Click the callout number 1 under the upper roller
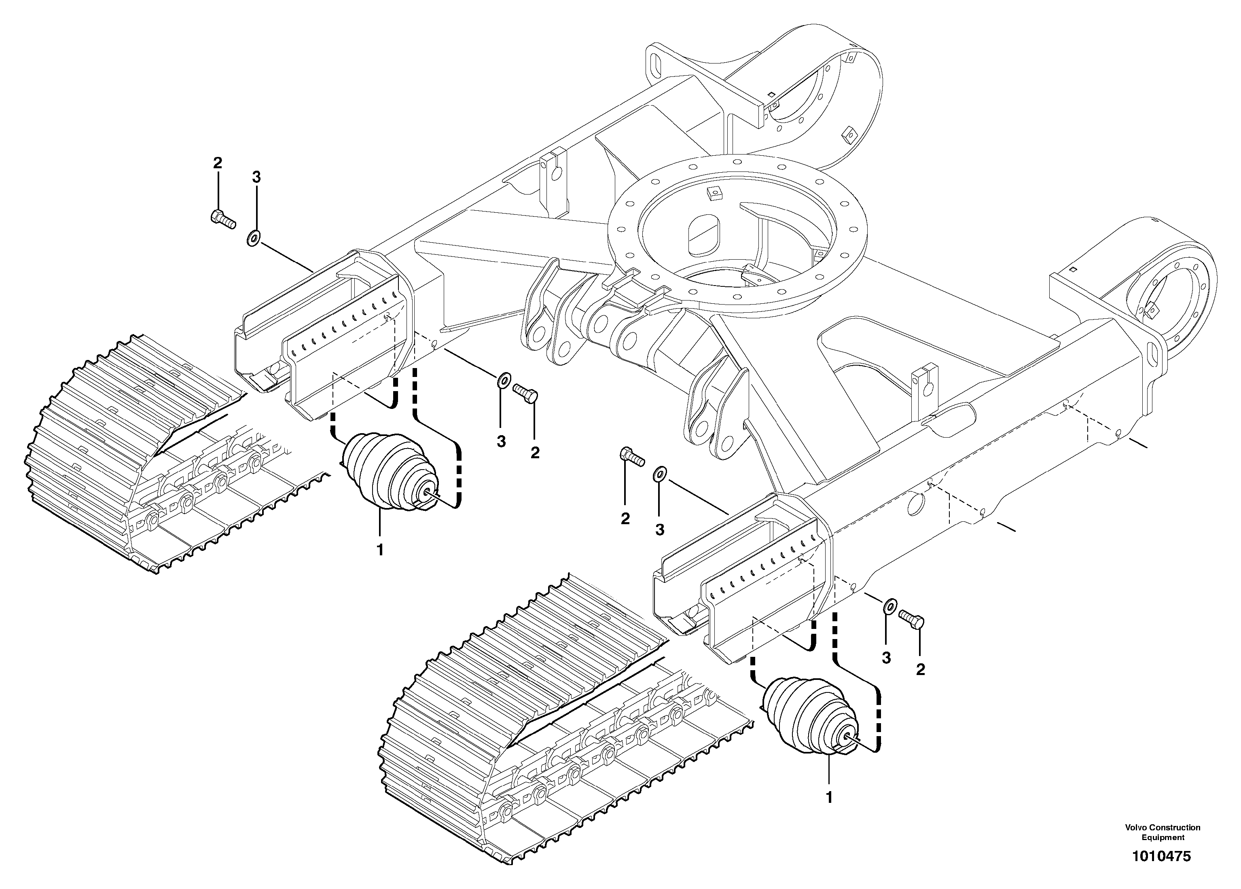(x=380, y=549)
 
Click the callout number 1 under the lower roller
(x=829, y=798)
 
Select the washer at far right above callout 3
(x=890, y=605)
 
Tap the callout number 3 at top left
(x=256, y=177)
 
